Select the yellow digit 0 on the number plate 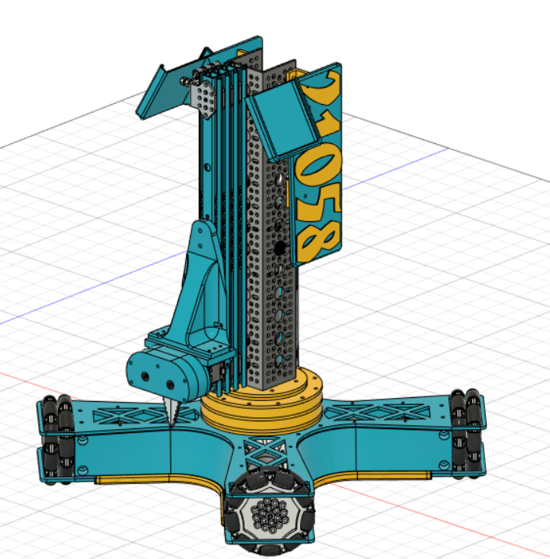coord(320,160)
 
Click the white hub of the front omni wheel coord(268,517)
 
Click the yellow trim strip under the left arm coord(133,479)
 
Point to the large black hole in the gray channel coord(280,249)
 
